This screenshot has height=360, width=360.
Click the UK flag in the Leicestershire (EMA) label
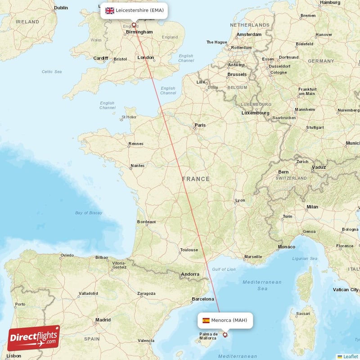(110, 10)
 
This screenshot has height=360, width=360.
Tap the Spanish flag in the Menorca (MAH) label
(206, 320)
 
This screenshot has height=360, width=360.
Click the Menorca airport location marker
(225, 334)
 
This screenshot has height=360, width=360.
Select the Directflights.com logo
(34, 338)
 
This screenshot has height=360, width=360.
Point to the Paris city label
(199, 125)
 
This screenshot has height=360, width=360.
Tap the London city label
(145, 58)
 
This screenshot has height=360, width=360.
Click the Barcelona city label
(203, 299)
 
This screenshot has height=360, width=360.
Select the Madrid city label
(103, 320)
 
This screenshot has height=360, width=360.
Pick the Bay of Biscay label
(88, 212)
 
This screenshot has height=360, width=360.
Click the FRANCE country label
(196, 179)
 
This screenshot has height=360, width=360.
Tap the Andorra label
(189, 274)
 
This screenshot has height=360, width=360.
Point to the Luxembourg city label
(255, 113)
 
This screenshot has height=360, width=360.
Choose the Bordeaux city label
(146, 222)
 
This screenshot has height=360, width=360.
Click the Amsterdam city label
(249, 35)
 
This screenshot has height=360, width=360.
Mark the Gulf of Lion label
(224, 269)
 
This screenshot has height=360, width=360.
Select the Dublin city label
(61, 8)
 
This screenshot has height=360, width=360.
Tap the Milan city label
(312, 207)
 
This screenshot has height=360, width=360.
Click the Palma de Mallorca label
(208, 336)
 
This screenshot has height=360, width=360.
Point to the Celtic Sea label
(51, 72)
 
